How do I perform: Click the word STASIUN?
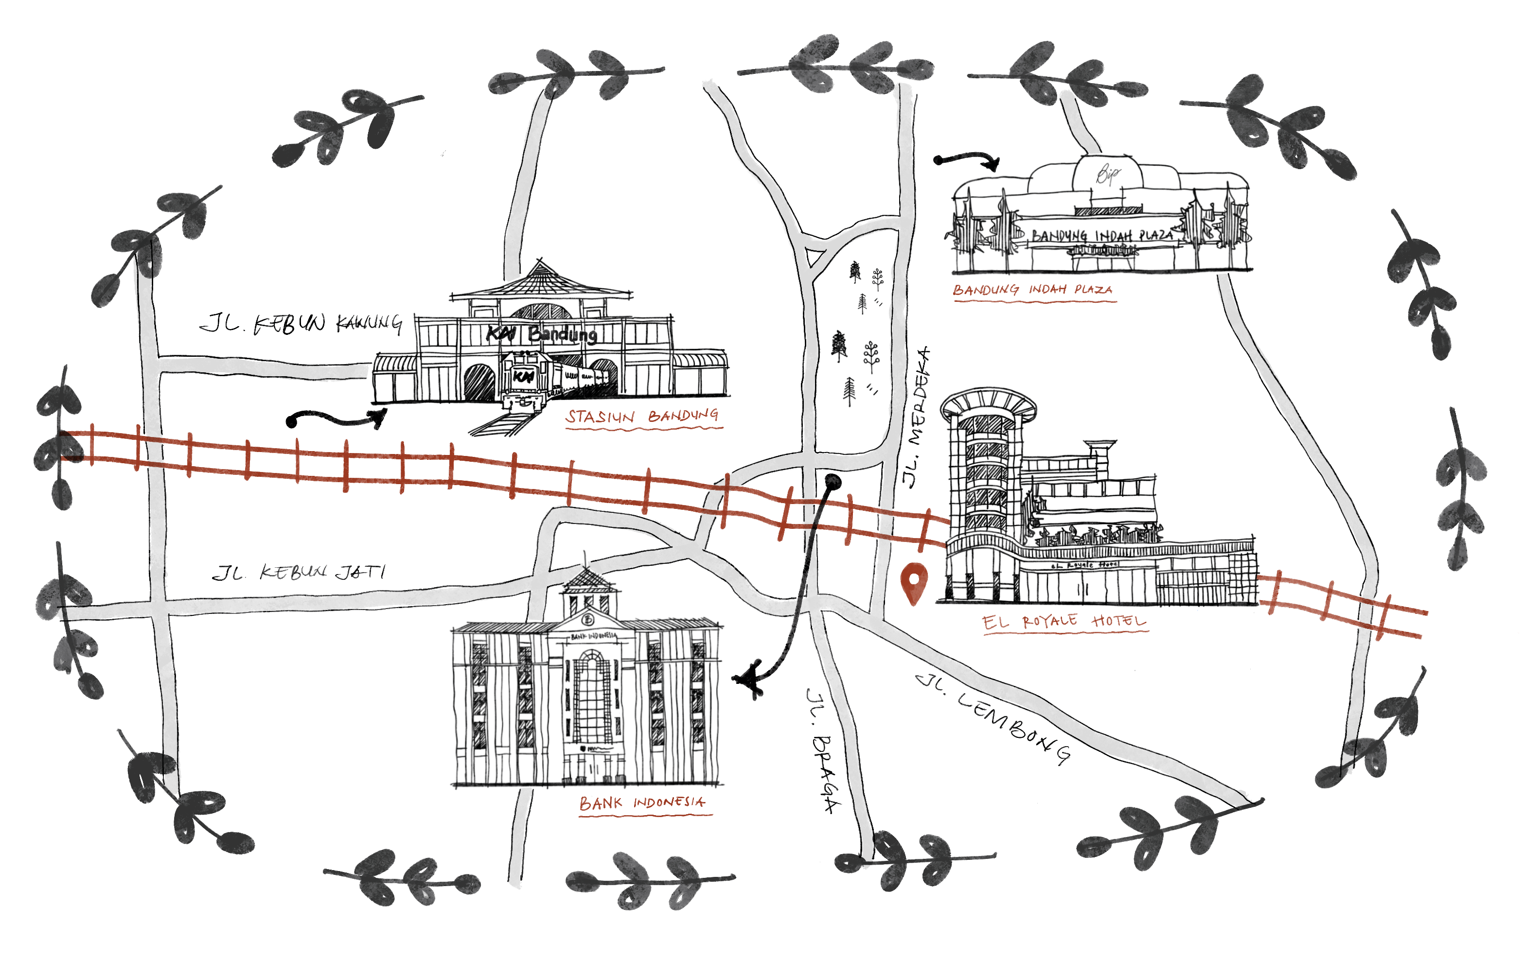tap(600, 417)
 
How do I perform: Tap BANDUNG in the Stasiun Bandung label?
tap(683, 416)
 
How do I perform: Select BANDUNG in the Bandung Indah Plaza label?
tap(986, 290)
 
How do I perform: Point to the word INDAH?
tap(1047, 289)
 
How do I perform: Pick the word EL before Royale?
tap(995, 622)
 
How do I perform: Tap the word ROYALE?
tap(1049, 621)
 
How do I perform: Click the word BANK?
tap(601, 803)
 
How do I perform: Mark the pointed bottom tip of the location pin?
tap(914, 605)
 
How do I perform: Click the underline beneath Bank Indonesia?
tap(645, 815)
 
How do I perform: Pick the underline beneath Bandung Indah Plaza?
tap(1035, 301)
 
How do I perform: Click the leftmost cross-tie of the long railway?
tap(92, 445)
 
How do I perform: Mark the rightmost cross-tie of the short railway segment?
tap(1383, 617)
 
